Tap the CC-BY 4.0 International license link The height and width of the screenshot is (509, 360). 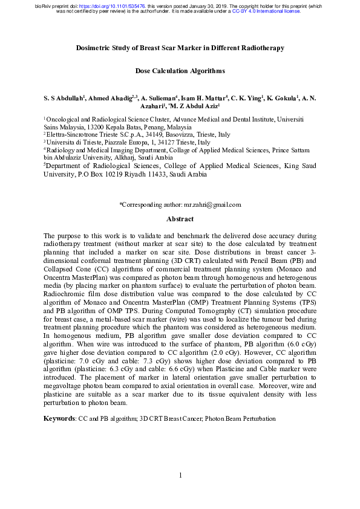pyautogui.click(x=266, y=11)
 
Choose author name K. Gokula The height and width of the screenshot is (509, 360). pyautogui.click(x=283, y=98)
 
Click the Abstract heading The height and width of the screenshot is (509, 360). pyautogui.click(x=180, y=219)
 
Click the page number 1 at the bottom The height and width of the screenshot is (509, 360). pyautogui.click(x=180, y=475)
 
